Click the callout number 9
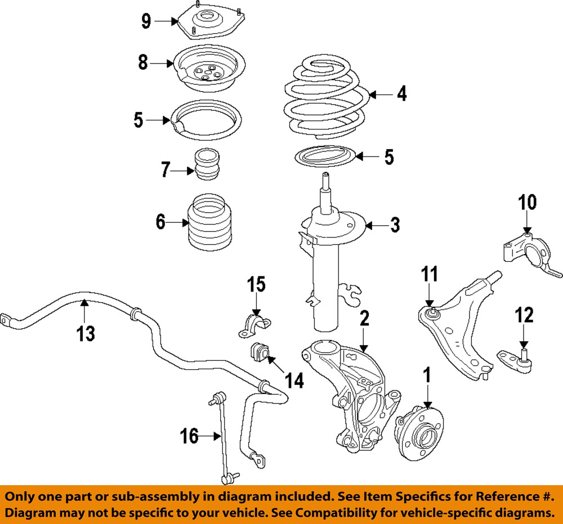pos(146,22)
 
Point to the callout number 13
pos(86,334)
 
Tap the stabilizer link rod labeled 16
pos(224,439)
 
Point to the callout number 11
pos(430,276)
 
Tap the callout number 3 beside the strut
pos(395,226)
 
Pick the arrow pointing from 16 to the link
pos(209,436)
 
